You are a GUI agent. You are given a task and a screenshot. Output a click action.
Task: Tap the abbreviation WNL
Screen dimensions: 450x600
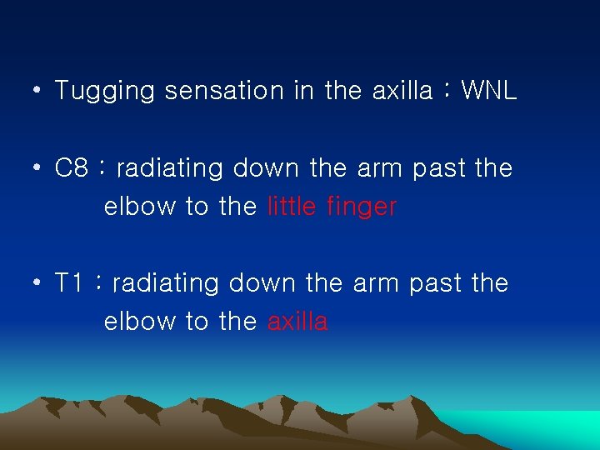(489, 90)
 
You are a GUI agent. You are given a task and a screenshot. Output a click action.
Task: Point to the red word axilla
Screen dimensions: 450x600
(297, 322)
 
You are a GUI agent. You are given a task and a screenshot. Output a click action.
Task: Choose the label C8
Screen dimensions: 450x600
(72, 168)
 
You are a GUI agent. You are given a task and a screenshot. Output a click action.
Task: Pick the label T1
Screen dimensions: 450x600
(70, 283)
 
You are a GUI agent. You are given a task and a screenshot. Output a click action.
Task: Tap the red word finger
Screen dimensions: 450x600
(362, 207)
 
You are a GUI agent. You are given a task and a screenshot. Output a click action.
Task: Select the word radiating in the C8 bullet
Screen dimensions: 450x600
(171, 168)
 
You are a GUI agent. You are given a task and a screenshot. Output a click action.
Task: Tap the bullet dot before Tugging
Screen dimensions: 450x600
(38, 91)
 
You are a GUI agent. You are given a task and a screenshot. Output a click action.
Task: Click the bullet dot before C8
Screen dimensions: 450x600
(38, 168)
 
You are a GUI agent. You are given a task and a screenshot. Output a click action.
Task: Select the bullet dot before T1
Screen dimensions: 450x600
(38, 283)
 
